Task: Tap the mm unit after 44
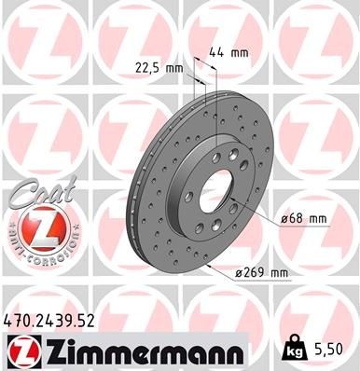pos(242,54)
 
